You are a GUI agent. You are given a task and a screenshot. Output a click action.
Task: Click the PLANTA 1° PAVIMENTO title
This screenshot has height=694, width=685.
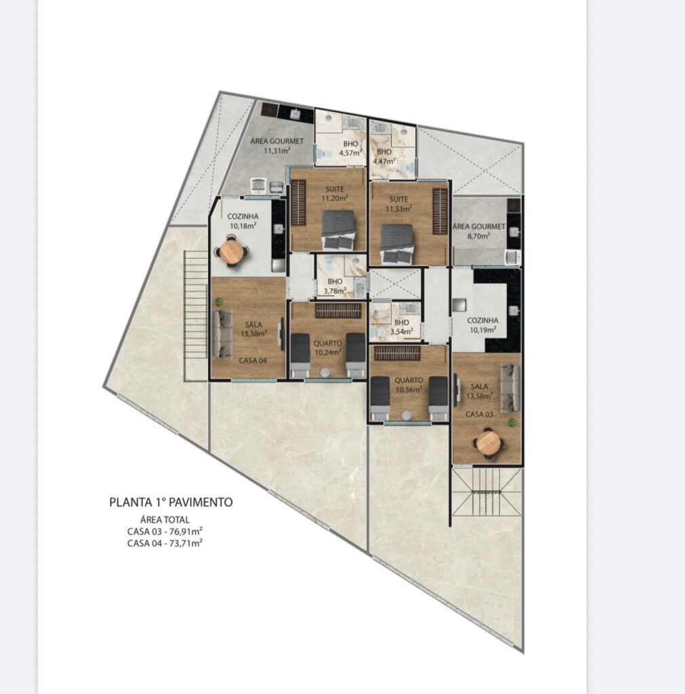[171, 502]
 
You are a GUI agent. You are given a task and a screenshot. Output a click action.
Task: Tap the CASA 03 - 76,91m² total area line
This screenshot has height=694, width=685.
[165, 531]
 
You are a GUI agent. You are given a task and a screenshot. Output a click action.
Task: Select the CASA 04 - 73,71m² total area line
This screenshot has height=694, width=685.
[165, 543]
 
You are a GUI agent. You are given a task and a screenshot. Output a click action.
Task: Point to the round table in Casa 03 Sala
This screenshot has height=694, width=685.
[489, 442]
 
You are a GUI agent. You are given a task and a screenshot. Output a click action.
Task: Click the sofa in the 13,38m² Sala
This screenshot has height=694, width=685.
[222, 334]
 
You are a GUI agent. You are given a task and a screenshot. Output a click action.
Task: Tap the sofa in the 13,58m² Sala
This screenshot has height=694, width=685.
[510, 386]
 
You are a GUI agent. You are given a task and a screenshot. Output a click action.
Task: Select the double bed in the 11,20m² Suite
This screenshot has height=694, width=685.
[339, 230]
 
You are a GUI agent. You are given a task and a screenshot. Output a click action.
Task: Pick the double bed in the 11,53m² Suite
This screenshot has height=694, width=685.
[397, 245]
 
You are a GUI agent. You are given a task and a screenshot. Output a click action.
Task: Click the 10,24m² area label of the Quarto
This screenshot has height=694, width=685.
[328, 352]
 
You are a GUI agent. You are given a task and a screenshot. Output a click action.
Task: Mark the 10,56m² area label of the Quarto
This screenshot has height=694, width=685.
[409, 390]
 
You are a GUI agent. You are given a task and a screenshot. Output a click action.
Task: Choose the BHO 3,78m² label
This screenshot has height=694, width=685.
[335, 287]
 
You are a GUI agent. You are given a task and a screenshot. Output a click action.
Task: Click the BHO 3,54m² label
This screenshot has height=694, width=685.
[401, 327]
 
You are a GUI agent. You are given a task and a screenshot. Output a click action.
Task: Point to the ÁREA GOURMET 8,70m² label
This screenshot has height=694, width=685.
[479, 231]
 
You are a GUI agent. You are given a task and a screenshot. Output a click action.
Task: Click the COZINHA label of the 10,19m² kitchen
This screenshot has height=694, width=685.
[482, 320]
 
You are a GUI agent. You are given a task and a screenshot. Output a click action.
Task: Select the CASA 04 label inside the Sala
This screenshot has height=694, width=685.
[253, 361]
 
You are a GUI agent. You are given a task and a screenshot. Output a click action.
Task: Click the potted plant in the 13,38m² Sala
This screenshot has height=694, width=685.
[219, 302]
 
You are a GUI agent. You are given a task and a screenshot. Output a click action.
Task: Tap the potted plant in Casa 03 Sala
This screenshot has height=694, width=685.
[512, 422]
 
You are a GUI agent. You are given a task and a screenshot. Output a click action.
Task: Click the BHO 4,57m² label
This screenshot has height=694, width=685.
[350, 148]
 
